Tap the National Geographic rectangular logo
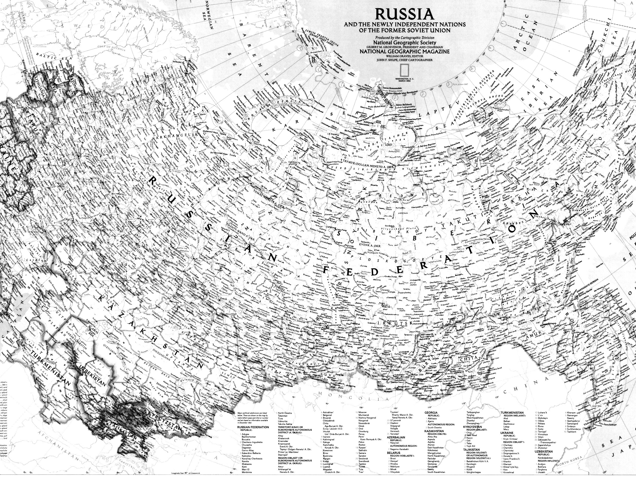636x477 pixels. click(x=404, y=69)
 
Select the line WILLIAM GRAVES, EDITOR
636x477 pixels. click(x=404, y=56)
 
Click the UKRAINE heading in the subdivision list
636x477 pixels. click(x=507, y=441)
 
